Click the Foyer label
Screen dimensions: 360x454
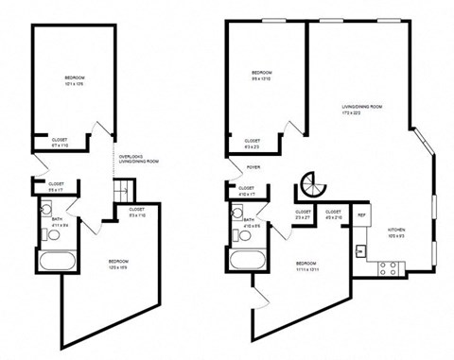(253, 168)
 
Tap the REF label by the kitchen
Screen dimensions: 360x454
(362, 215)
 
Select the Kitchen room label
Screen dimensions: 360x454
(396, 231)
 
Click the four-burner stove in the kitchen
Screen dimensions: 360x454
(389, 267)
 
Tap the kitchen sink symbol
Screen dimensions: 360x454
(361, 251)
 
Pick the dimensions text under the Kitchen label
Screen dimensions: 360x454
(396, 237)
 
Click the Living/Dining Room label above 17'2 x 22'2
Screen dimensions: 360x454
(362, 107)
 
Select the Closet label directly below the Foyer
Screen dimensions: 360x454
(246, 187)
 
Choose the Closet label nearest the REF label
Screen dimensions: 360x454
(333, 211)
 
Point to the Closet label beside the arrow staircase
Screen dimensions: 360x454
(136, 209)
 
